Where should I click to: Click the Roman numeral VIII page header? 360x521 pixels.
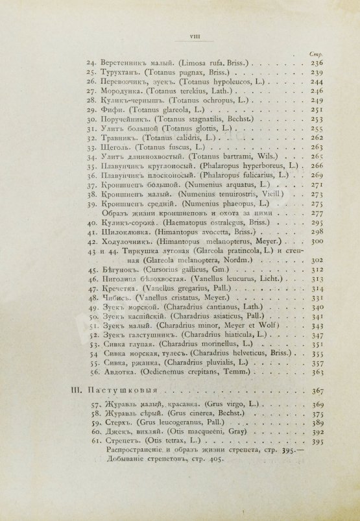coord(180,37)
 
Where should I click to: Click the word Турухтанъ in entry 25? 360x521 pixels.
coord(123,73)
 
